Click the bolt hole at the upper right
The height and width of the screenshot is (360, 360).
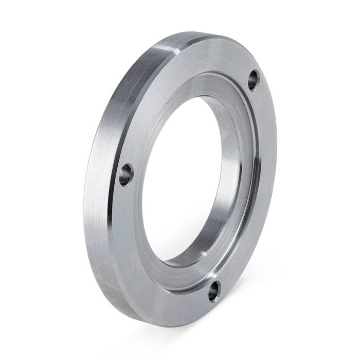[x=253, y=80]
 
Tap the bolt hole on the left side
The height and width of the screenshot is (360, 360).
[x=126, y=174]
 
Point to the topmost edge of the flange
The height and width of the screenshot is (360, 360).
[x=206, y=34]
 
